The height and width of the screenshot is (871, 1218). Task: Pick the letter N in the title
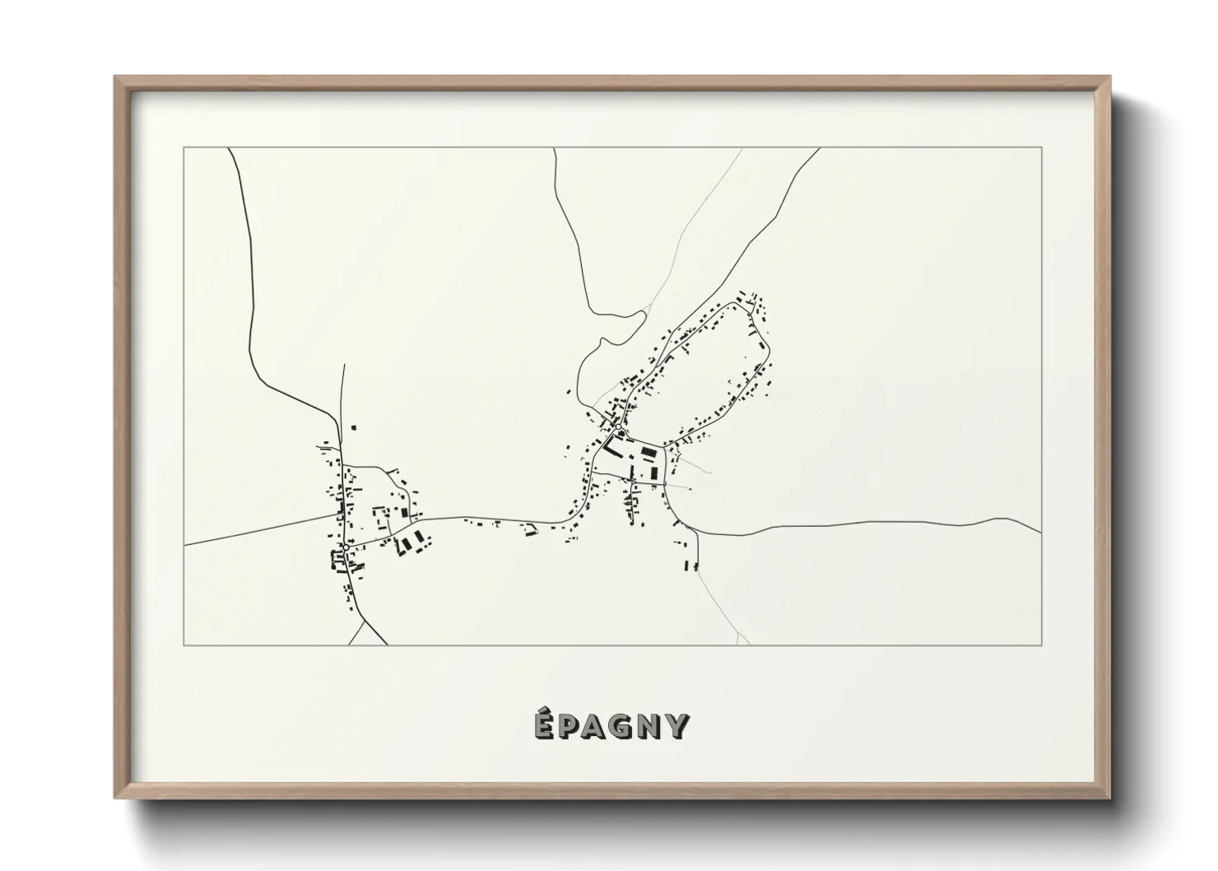pos(652,728)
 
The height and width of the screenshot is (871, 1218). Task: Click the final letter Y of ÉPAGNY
pos(677,728)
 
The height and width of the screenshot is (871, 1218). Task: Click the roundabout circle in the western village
pos(346,547)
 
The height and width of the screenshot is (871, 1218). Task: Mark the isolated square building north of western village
pos(354,427)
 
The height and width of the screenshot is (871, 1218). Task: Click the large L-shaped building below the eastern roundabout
pos(611,447)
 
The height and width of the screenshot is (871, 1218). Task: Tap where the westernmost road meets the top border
pos(229,149)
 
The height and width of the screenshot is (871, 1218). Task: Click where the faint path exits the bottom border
pos(749,644)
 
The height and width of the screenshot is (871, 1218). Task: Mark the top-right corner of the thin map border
pos(1042,148)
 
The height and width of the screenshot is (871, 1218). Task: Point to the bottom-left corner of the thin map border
pos(184,645)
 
